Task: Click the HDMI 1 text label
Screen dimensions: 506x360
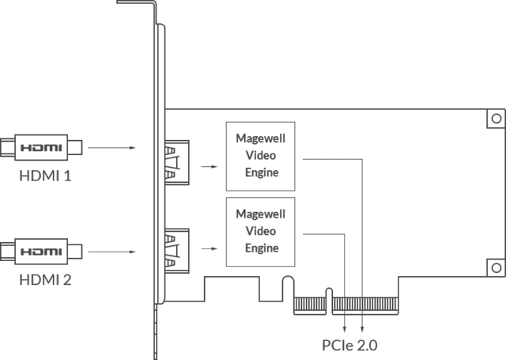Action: (45, 176)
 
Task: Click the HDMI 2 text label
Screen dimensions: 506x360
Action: (45, 280)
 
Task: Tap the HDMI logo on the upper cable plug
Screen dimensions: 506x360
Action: (41, 148)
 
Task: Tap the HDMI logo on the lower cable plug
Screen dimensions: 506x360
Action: (41, 252)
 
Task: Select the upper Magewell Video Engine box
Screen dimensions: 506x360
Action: (260, 157)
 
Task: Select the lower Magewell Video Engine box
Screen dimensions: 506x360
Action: (260, 232)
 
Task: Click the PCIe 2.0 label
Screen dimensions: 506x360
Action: (349, 346)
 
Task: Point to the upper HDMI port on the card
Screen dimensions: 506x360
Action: (177, 163)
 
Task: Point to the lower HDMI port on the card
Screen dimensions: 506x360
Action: (177, 251)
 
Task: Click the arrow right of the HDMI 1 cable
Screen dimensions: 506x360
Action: (111, 148)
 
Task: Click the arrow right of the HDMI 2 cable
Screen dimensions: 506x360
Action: (111, 252)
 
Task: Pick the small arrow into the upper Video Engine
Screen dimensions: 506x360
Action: (210, 167)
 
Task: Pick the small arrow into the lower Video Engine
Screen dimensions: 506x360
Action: (210, 248)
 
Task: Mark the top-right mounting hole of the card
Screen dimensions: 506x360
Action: (497, 119)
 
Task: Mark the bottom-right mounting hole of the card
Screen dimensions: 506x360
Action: (497, 267)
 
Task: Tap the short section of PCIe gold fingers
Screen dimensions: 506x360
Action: (310, 304)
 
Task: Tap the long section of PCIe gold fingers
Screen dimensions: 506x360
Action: (365, 304)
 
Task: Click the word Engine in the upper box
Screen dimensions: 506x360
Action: (262, 172)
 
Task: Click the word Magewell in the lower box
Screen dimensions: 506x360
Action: (261, 214)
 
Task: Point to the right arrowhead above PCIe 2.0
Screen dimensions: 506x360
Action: (362, 329)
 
